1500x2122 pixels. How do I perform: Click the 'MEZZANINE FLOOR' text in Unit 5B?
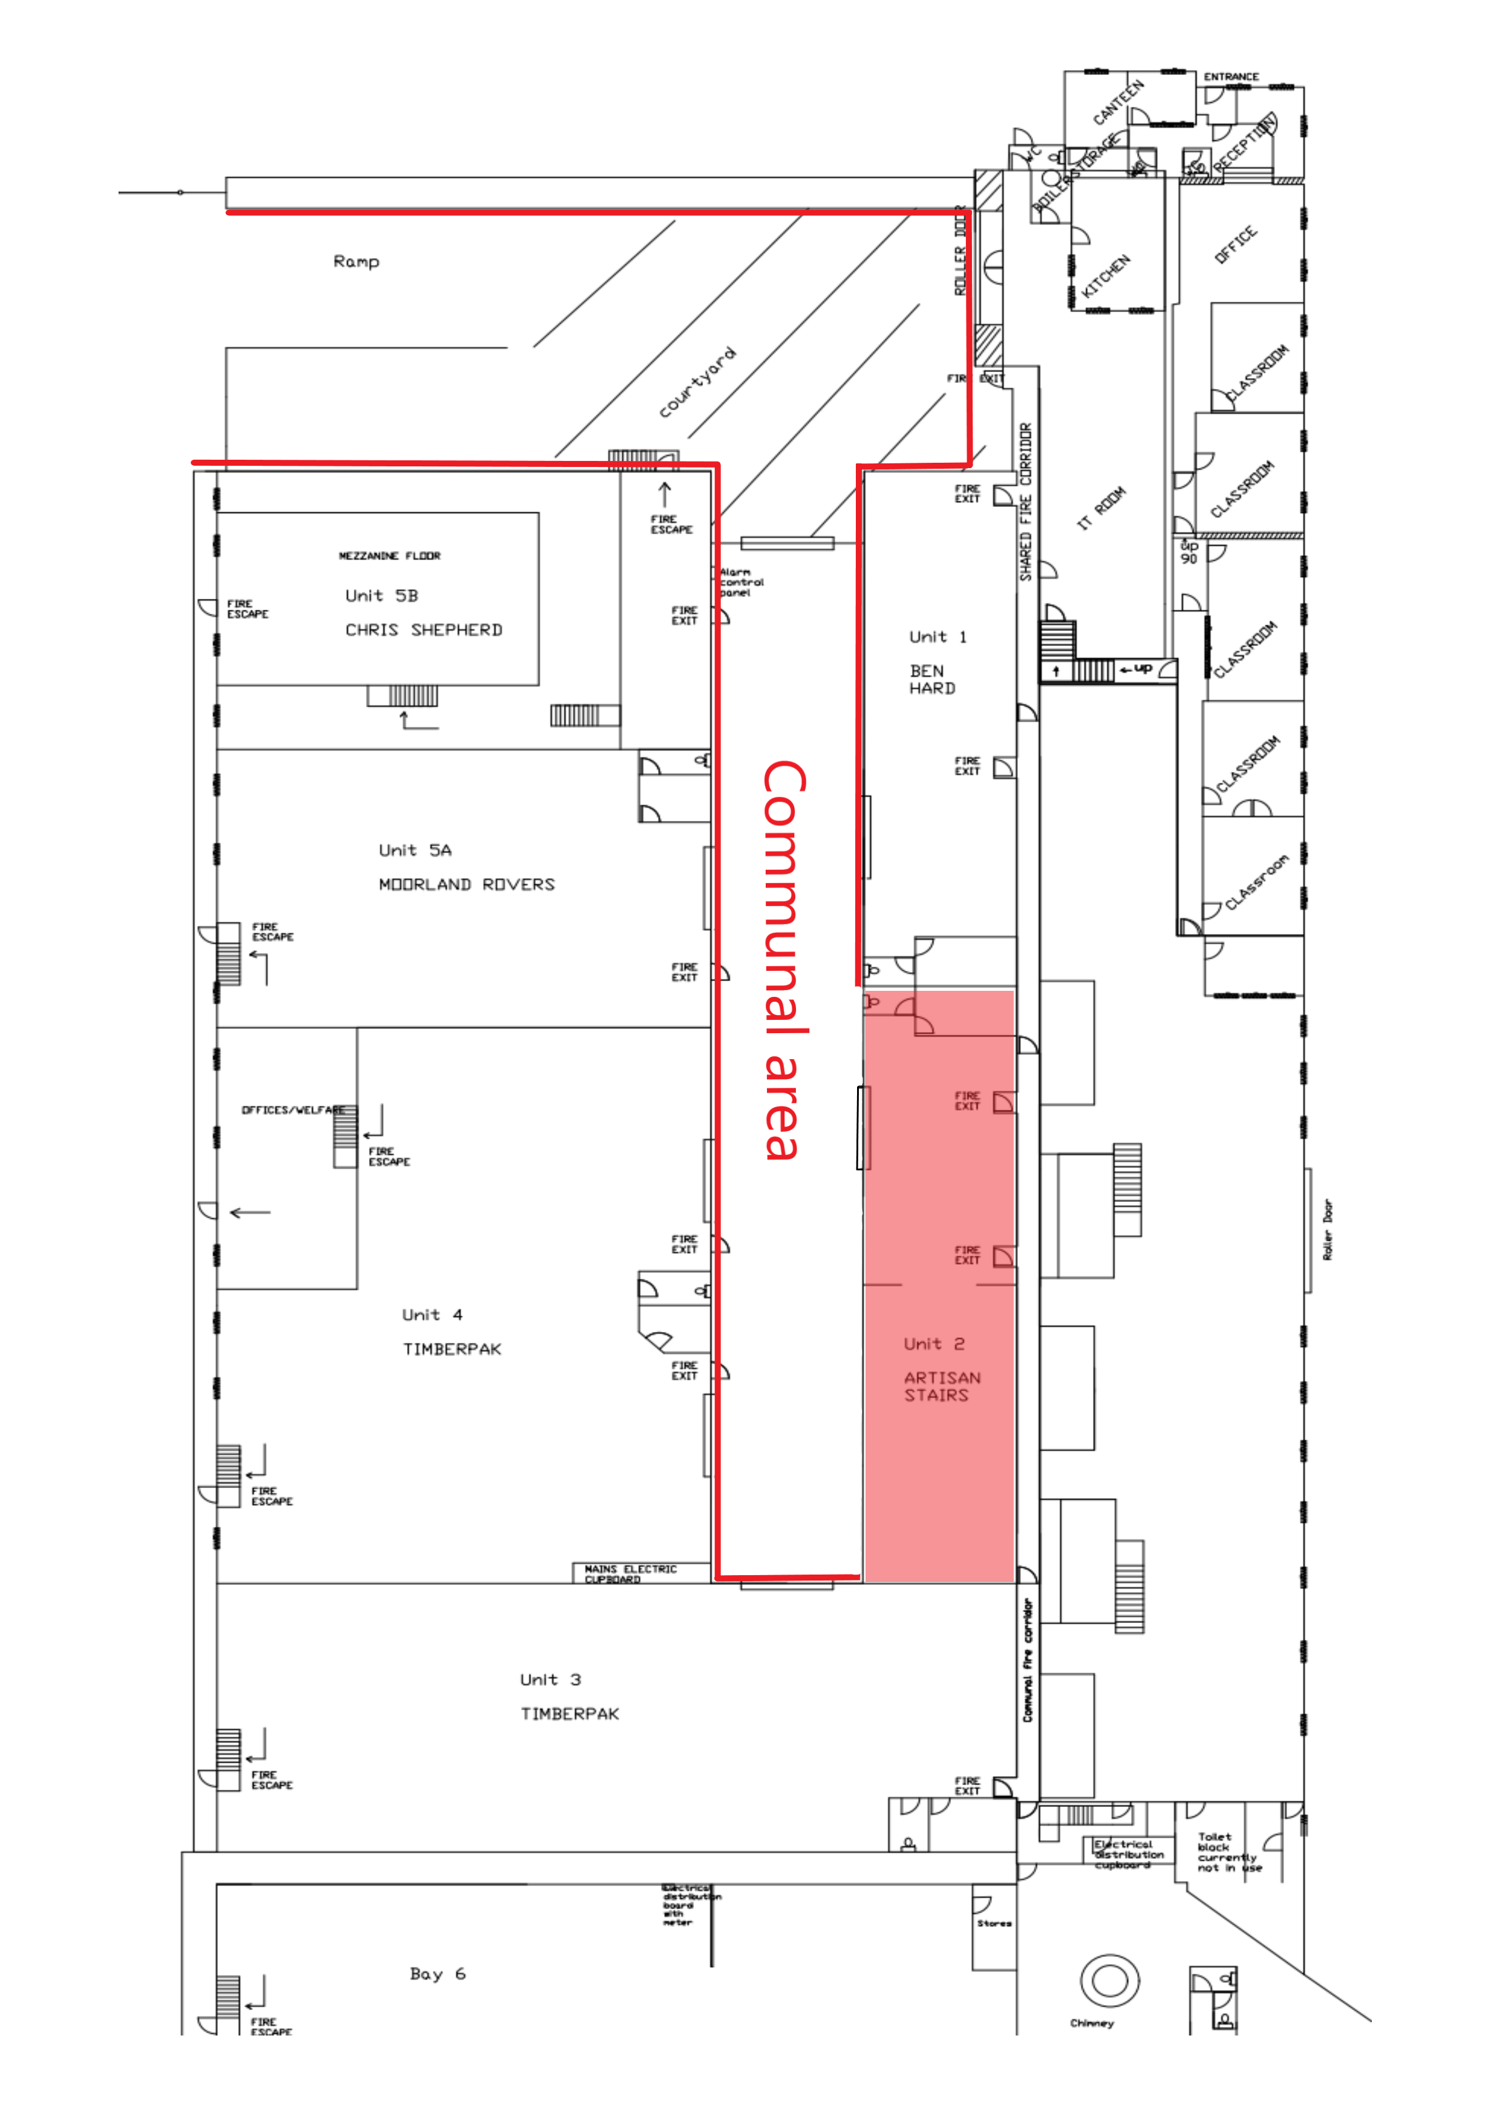(x=389, y=555)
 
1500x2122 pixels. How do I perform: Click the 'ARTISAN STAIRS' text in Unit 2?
(x=941, y=1386)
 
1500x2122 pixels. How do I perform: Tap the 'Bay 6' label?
(x=437, y=1973)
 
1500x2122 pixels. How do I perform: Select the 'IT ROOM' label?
(x=1101, y=508)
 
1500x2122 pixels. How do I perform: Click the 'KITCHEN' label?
(x=1106, y=275)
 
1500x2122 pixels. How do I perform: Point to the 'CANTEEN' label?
(x=1118, y=102)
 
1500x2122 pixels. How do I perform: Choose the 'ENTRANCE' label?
(x=1230, y=77)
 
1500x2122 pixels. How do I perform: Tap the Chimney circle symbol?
(x=1109, y=1980)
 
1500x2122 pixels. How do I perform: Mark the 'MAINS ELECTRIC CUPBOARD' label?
(x=630, y=1574)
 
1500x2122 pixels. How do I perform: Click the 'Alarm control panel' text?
(x=741, y=583)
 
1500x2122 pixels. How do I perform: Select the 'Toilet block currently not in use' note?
(x=1228, y=1852)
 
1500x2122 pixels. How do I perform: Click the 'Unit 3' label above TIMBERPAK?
(x=550, y=1679)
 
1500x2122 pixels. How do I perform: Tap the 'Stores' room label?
(x=994, y=1924)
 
